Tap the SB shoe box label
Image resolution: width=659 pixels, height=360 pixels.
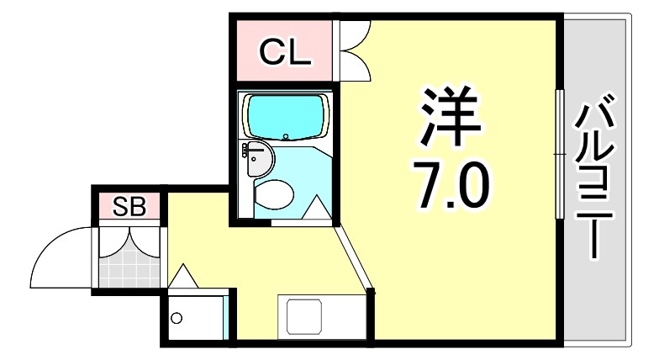coord(129,206)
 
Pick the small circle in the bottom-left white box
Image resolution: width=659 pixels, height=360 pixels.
coord(177,318)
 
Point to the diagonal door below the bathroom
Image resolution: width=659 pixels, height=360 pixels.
coord(353,257)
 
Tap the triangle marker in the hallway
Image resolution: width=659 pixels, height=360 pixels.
coord(183,274)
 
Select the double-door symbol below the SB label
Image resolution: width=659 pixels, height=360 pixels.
coord(128,239)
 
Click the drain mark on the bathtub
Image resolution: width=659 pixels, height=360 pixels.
coord(286,135)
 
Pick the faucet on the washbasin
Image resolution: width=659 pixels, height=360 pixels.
coord(247,151)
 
